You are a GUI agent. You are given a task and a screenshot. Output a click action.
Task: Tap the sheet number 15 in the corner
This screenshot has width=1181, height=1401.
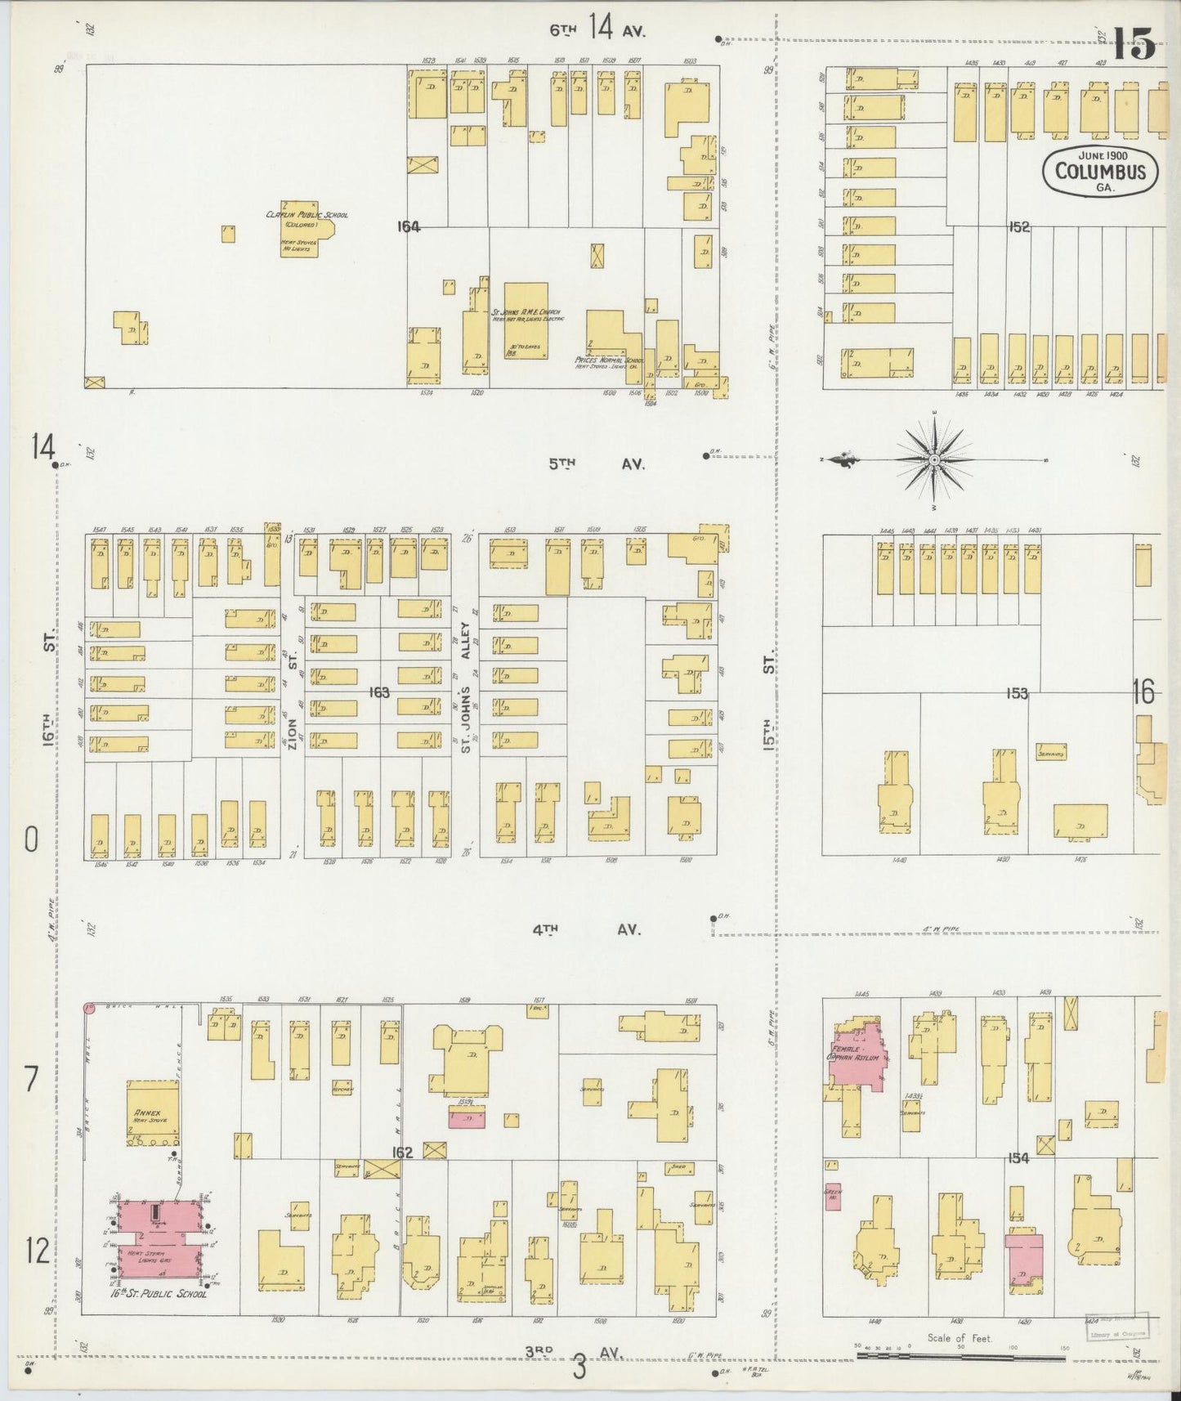pyautogui.click(x=1133, y=44)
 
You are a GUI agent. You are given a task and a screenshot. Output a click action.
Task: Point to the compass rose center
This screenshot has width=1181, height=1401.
pyautogui.click(x=933, y=461)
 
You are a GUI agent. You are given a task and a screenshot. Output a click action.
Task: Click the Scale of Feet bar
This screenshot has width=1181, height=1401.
pyautogui.click(x=960, y=1358)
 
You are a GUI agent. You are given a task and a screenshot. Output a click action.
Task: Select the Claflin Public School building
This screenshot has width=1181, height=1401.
pyautogui.click(x=299, y=229)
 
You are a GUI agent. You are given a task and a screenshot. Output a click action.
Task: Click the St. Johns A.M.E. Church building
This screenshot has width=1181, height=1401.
pyautogui.click(x=526, y=321)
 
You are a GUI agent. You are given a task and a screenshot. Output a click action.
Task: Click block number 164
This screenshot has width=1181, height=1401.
pyautogui.click(x=408, y=227)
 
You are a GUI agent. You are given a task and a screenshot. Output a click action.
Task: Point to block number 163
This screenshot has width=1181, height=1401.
pyautogui.click(x=378, y=693)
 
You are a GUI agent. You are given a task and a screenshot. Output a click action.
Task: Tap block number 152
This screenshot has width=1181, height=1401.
pyautogui.click(x=1018, y=227)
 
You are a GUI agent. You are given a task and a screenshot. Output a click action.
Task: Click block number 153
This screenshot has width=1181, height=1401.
pyautogui.click(x=1017, y=693)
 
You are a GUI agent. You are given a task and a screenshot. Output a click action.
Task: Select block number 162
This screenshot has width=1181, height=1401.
pyautogui.click(x=402, y=1153)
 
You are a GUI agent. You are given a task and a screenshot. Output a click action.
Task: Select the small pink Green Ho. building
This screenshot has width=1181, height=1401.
pyautogui.click(x=833, y=1196)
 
